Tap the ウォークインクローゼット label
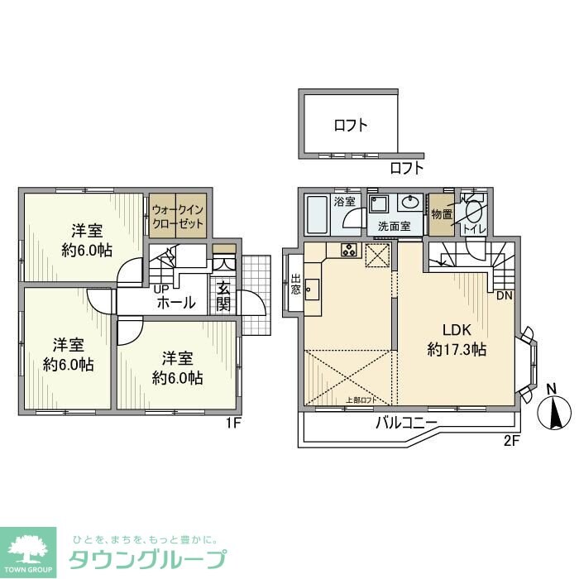[176, 217]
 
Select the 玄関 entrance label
[224, 295]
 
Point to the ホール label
[175, 303]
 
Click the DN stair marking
[503, 295]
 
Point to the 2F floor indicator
[510, 440]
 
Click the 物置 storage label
[441, 213]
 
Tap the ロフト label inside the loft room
[351, 126]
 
